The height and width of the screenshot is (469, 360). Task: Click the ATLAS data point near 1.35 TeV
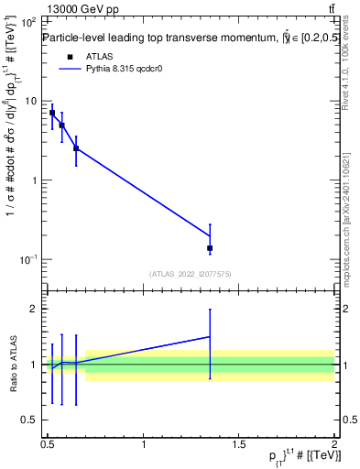click(210, 248)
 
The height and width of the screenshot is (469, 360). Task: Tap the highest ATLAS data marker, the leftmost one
click(52, 113)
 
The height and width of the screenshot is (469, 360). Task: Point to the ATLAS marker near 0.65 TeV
click(76, 147)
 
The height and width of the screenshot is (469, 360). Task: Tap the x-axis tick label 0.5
click(47, 445)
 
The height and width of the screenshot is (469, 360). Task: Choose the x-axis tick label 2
click(334, 445)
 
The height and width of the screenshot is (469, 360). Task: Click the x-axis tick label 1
click(143, 445)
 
